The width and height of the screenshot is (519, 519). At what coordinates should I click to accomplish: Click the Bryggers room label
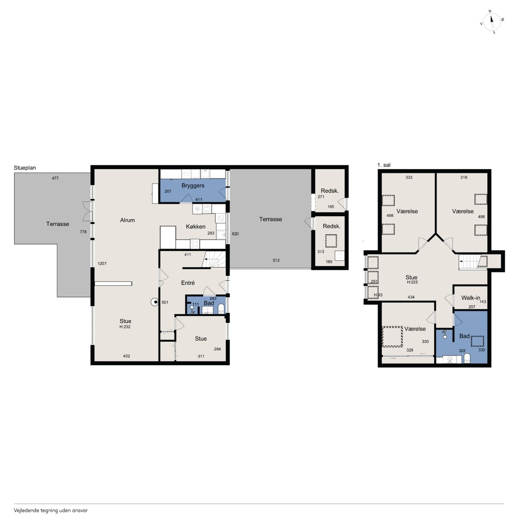[x=193, y=186]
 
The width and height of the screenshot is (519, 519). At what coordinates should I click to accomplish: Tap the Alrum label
[x=127, y=220]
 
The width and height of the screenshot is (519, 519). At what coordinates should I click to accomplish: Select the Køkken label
[x=196, y=227]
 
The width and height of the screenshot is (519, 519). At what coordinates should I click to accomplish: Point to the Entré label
[x=188, y=283]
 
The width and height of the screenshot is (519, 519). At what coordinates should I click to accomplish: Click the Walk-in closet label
[x=470, y=298]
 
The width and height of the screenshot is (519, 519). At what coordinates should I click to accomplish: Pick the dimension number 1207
[x=102, y=264]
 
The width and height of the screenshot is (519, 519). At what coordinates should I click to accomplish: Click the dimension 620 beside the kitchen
[x=235, y=234]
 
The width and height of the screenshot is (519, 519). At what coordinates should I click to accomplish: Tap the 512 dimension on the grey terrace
[x=276, y=260]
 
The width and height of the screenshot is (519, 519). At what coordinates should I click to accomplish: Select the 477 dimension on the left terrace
[x=55, y=178]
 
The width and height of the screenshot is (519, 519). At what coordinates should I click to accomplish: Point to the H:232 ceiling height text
[x=125, y=327]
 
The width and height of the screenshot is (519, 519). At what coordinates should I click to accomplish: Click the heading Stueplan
[x=25, y=167]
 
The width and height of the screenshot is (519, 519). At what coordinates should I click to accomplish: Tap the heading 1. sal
[x=384, y=165]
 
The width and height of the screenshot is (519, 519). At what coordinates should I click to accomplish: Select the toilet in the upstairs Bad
[x=467, y=358]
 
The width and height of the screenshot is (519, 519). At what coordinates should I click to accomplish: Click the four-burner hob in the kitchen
[x=195, y=244]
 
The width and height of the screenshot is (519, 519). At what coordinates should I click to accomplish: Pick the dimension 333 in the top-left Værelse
[x=409, y=177]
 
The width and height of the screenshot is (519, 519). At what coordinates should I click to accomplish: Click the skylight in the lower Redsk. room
[x=331, y=241]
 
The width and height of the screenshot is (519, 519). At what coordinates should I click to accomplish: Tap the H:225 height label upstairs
[x=412, y=282]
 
